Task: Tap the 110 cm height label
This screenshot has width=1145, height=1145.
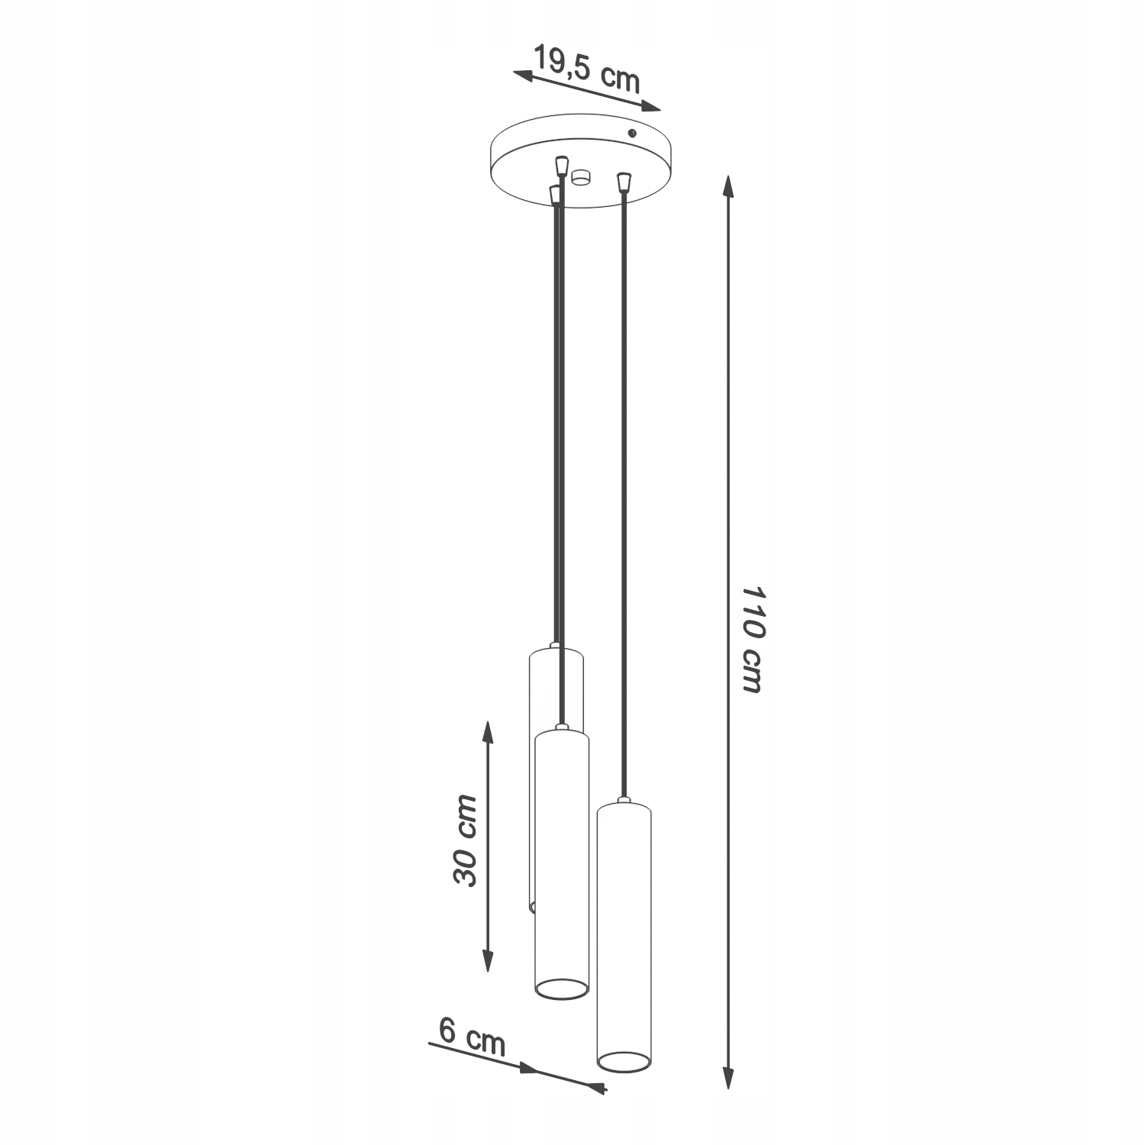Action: tap(752, 640)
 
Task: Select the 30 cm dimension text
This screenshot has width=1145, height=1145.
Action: tap(465, 840)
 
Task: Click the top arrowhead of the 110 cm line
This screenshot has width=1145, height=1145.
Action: tap(728, 188)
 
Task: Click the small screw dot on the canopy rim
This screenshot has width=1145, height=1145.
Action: tap(631, 134)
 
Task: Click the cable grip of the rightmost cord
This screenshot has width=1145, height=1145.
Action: tap(624, 182)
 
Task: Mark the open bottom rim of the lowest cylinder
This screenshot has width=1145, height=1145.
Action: tap(624, 1060)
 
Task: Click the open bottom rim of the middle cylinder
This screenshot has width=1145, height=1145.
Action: tap(561, 989)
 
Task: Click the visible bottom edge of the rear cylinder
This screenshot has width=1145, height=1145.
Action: tap(532, 907)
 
